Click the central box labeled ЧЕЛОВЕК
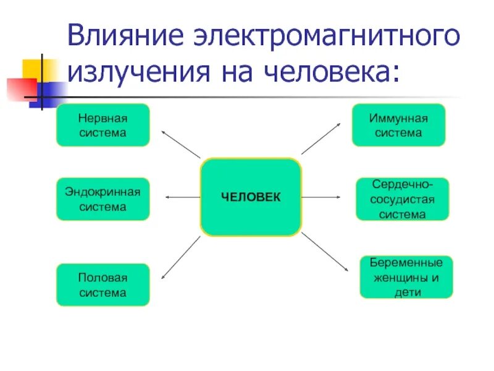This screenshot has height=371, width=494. [x=251, y=197]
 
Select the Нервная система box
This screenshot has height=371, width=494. [x=103, y=125]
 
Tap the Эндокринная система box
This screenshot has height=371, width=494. [x=103, y=198]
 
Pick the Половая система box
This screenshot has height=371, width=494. [x=103, y=284]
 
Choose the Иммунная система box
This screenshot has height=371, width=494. [x=398, y=125]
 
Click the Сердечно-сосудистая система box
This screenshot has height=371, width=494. [x=402, y=199]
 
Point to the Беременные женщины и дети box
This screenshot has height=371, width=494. [x=406, y=277]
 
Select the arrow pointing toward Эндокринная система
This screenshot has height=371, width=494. [x=182, y=197]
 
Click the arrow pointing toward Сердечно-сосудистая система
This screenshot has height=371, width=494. [x=320, y=197]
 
